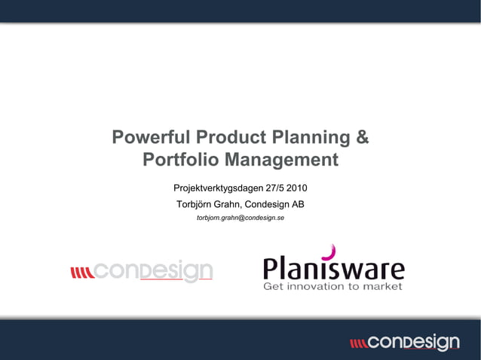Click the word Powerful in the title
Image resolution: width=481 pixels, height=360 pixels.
pos(151,139)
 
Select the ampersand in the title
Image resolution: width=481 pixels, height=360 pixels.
pos(362,139)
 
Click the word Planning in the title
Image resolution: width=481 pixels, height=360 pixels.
pos(309,139)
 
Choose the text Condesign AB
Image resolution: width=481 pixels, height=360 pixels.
pos(278,204)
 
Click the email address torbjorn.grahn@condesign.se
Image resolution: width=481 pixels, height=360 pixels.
pos(240,218)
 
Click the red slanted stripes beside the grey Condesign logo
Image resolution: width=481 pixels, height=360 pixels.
pos(81,272)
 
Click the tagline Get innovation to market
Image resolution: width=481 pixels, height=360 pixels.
pos(332,286)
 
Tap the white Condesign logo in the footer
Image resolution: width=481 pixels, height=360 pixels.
pos(413,343)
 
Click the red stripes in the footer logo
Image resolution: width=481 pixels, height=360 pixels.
pos(358,343)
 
